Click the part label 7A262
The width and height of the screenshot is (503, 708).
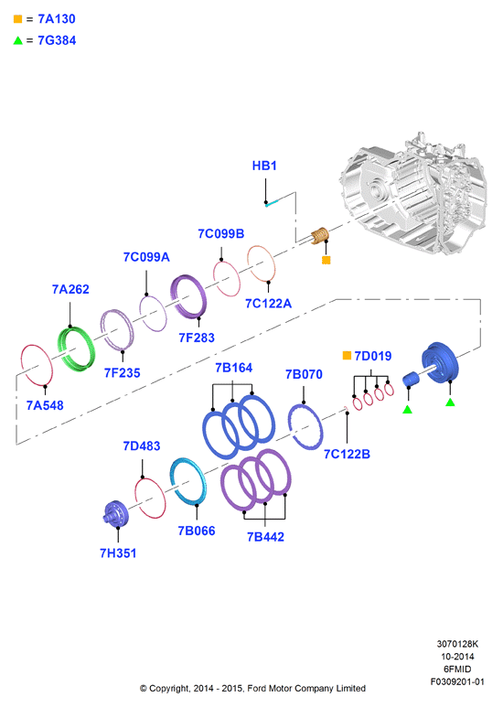(70, 289)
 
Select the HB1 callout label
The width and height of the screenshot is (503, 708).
(264, 166)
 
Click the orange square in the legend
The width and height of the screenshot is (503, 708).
(18, 19)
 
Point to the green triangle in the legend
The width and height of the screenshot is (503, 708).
(18, 40)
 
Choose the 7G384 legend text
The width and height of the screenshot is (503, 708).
(57, 40)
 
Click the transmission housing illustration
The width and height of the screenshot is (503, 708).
(413, 194)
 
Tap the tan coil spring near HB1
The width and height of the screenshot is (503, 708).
(320, 235)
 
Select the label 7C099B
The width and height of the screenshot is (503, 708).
(220, 234)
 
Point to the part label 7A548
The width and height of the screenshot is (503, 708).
(45, 405)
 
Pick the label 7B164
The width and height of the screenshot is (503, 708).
(233, 368)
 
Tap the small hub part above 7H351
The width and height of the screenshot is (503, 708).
(115, 513)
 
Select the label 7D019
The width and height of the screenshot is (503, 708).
(373, 356)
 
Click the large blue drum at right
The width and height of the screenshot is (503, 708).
(440, 363)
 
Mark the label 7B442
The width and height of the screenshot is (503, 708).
(265, 537)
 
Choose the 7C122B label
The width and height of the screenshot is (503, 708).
(347, 455)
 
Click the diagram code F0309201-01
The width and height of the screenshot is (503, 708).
(457, 681)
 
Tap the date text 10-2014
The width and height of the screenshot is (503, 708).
(457, 657)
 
